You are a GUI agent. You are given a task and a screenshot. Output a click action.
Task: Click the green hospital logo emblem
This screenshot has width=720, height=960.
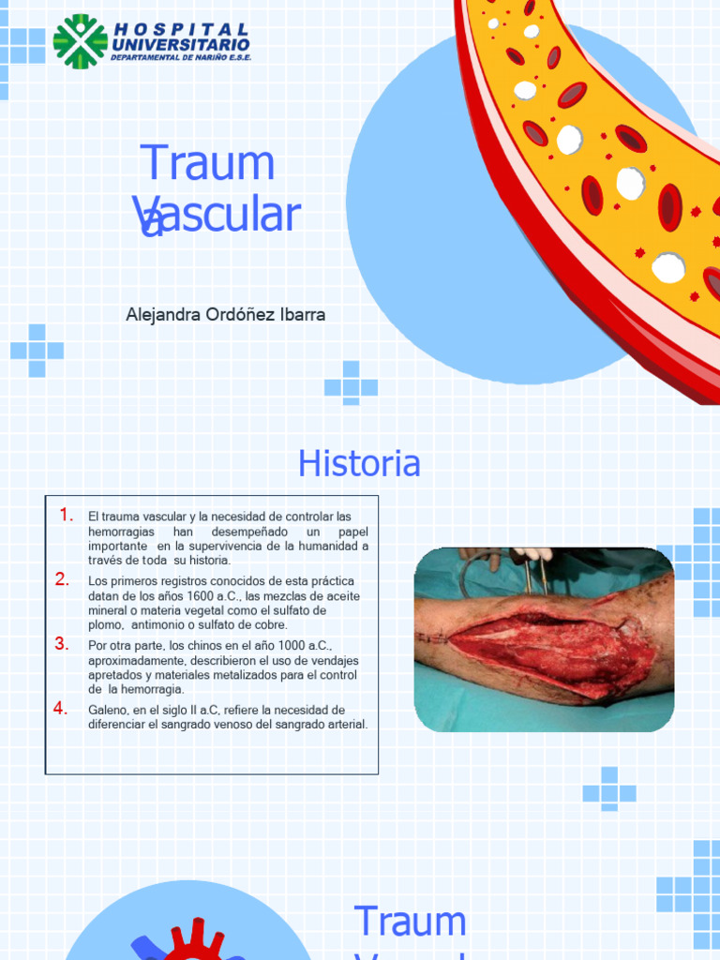(80, 41)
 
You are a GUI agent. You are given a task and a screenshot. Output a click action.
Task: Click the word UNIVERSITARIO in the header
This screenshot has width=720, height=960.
(180, 44)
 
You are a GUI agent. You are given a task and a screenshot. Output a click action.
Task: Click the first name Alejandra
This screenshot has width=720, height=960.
(163, 315)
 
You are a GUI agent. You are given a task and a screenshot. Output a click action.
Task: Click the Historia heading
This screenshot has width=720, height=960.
(359, 463)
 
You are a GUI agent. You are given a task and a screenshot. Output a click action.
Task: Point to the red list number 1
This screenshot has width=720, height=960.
(67, 515)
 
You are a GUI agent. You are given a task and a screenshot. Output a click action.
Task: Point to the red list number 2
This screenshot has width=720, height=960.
(63, 579)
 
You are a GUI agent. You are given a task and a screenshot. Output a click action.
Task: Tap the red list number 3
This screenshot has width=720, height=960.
(63, 644)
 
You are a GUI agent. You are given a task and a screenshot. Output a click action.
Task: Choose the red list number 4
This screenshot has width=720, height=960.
(61, 709)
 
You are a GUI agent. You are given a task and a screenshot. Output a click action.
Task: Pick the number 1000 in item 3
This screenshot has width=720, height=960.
(284, 646)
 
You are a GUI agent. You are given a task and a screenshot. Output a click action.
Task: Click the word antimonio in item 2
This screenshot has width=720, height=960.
(161, 624)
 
